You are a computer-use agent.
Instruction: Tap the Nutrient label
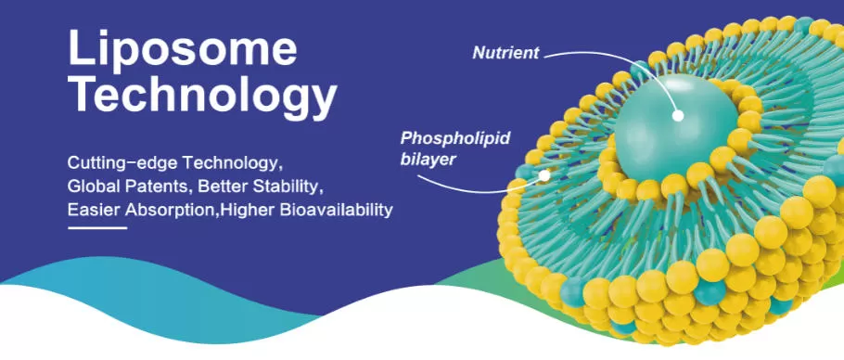point(505,52)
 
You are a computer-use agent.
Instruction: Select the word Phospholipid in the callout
point(454,139)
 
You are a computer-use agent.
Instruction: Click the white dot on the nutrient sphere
point(679,116)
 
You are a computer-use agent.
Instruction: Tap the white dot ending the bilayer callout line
point(545,174)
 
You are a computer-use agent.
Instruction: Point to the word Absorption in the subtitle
point(169,210)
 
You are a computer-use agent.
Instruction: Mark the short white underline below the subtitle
point(96,227)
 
